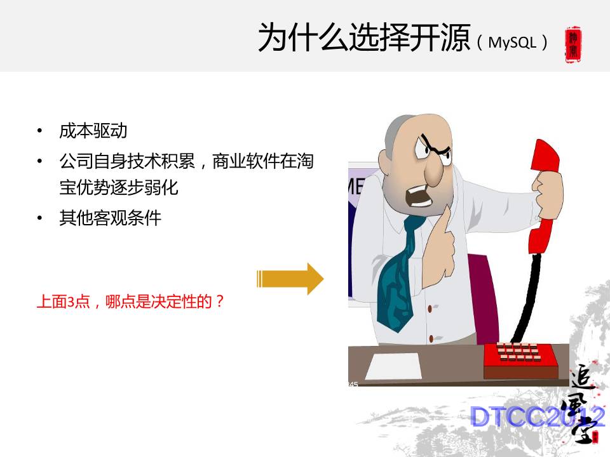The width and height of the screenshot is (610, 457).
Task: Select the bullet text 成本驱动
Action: (93, 131)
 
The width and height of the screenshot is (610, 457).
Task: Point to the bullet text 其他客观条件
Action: (111, 218)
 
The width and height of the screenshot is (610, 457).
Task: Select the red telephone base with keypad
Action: (520, 360)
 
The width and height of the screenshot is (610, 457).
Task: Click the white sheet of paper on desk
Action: (393, 366)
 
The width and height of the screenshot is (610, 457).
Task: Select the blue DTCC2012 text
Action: (537, 417)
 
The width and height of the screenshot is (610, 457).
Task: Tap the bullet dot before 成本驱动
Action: (40, 132)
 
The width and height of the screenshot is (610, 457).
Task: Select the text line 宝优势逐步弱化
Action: (119, 188)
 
